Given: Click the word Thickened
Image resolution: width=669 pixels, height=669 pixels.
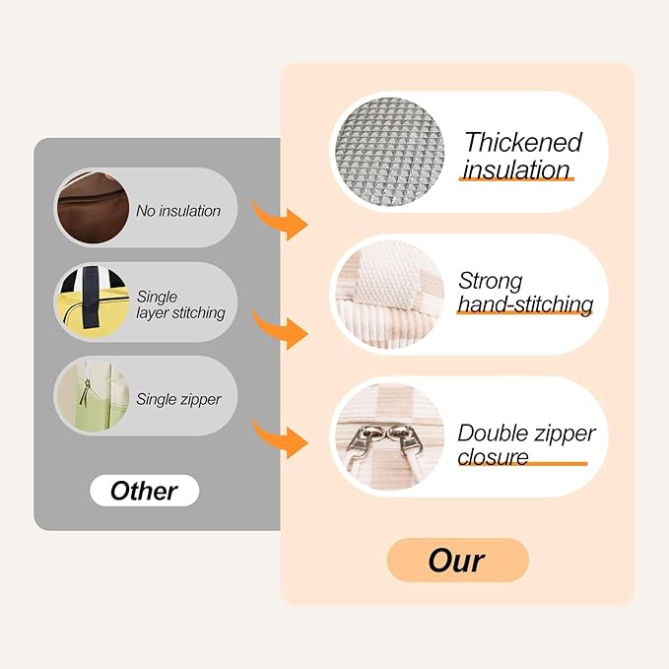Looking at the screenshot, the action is [522, 142].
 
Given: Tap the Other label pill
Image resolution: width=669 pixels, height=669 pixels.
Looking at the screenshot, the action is [144, 491].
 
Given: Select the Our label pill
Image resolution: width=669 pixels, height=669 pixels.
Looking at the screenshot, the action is [457, 561].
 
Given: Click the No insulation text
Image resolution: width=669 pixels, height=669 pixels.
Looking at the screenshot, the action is [178, 211].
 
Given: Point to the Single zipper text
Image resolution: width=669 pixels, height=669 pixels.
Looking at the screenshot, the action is [178, 399].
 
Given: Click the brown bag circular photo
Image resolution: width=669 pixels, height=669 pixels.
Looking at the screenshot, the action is [93, 208].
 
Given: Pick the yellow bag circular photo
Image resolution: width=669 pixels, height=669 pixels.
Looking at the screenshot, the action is [93, 302].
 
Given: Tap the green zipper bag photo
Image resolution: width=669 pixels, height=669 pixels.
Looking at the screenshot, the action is [93, 396].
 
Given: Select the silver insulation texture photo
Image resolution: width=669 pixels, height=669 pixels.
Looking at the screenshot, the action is [389, 152].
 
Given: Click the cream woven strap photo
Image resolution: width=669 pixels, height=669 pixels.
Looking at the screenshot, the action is [389, 295].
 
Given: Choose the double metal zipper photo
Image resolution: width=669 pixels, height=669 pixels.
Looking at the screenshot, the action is [389, 436].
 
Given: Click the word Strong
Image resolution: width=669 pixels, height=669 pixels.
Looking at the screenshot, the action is [491, 281].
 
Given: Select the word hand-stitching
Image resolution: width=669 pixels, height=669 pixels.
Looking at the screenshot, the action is [525, 304].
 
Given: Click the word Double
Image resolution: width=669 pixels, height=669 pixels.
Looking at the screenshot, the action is [493, 434].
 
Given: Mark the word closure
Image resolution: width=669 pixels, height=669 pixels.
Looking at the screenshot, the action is [493, 457].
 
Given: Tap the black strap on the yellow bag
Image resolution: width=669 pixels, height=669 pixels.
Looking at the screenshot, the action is [91, 298].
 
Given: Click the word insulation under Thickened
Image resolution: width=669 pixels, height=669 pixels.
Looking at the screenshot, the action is [516, 169].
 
